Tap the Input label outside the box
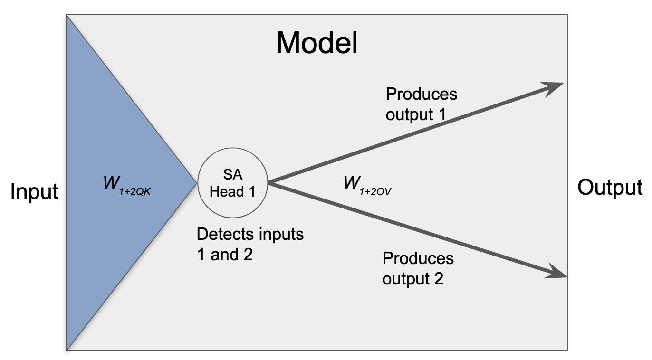[34, 192]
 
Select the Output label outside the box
[610, 188]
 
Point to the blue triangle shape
[116, 183]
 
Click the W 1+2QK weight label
[127, 186]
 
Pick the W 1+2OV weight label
[367, 186]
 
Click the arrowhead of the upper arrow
[553, 87]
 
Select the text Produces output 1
[421, 104]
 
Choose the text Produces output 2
[418, 268]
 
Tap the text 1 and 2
[225, 255]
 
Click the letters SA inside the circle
[232, 174]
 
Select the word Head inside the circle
[227, 191]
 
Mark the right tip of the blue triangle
[197, 183]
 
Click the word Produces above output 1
[422, 94]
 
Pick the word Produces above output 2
[418, 258]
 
